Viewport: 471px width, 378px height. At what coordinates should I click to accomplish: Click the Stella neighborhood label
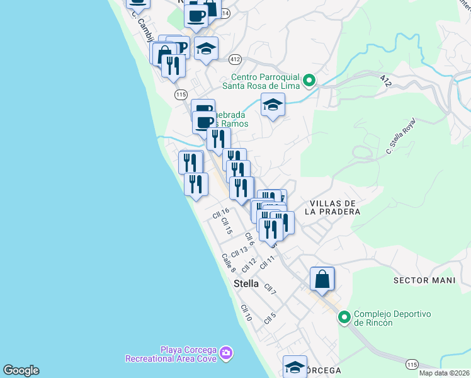point(246,283)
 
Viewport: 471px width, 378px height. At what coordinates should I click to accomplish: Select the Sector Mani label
point(423,279)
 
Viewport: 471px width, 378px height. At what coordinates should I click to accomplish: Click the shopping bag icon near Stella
point(322,279)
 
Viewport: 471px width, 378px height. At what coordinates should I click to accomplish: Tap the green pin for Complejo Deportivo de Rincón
point(344,316)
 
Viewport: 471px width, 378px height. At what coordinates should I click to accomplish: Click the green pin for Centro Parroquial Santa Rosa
point(309,81)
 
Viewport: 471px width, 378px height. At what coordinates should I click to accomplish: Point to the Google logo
point(21,370)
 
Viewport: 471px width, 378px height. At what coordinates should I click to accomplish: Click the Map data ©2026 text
point(444,373)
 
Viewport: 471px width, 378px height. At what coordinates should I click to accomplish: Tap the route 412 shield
point(235,59)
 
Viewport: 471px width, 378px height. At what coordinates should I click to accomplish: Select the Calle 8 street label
point(228,263)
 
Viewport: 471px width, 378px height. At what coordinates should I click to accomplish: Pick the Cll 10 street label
point(246,313)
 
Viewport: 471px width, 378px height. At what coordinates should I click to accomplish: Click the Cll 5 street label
point(270,318)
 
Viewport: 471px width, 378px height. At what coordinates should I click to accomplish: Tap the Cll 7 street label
point(270,289)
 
